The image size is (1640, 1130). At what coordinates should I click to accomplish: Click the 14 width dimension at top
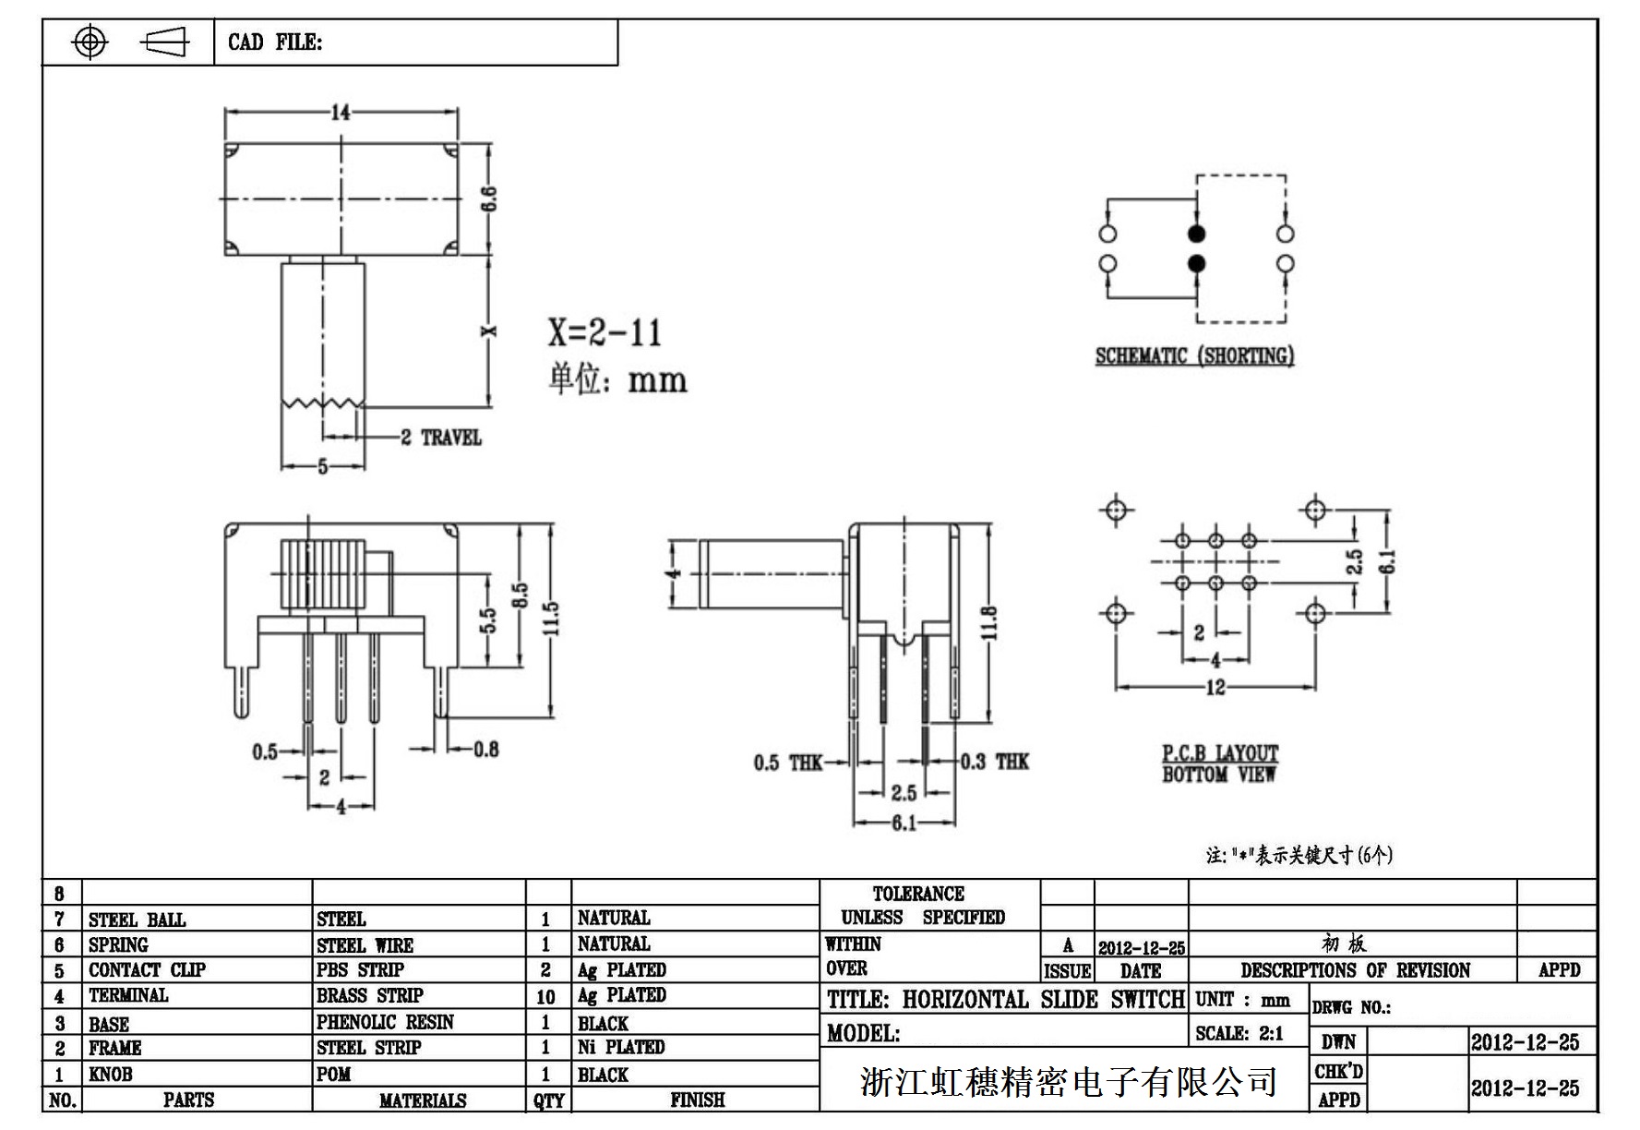pos(341,113)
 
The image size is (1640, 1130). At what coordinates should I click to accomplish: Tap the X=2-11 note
pos(605,332)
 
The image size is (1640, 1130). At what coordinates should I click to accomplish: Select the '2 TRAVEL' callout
pos(441,438)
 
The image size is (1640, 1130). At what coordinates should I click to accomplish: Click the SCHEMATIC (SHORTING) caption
pos(1194,356)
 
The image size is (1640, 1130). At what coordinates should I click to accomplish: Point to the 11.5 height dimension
pos(551,619)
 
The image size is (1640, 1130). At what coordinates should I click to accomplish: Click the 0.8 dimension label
pos(486,749)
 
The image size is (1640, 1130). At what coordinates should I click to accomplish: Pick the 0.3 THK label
pos(994,762)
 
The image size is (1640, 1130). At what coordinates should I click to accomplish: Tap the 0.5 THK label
pos(787,763)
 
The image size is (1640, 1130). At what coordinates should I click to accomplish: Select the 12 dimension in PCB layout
pos(1215,687)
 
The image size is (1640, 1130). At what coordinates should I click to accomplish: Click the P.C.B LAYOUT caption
pos(1220,753)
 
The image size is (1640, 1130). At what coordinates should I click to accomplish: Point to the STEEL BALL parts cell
pos(137,920)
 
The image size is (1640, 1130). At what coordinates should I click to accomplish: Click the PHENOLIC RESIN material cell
pos(385,1022)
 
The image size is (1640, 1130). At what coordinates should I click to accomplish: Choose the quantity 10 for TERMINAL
pos(545,997)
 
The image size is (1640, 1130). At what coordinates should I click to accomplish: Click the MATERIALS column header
pos(422,1100)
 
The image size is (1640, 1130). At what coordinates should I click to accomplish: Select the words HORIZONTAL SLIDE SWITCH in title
pos(1043,1000)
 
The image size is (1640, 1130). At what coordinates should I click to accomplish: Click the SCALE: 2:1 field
pos(1239,1033)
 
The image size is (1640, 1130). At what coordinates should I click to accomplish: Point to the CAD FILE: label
pos(275,42)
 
